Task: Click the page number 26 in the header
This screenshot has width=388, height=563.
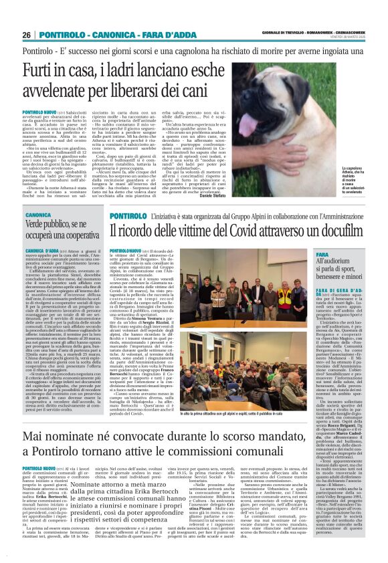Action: (27, 34)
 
